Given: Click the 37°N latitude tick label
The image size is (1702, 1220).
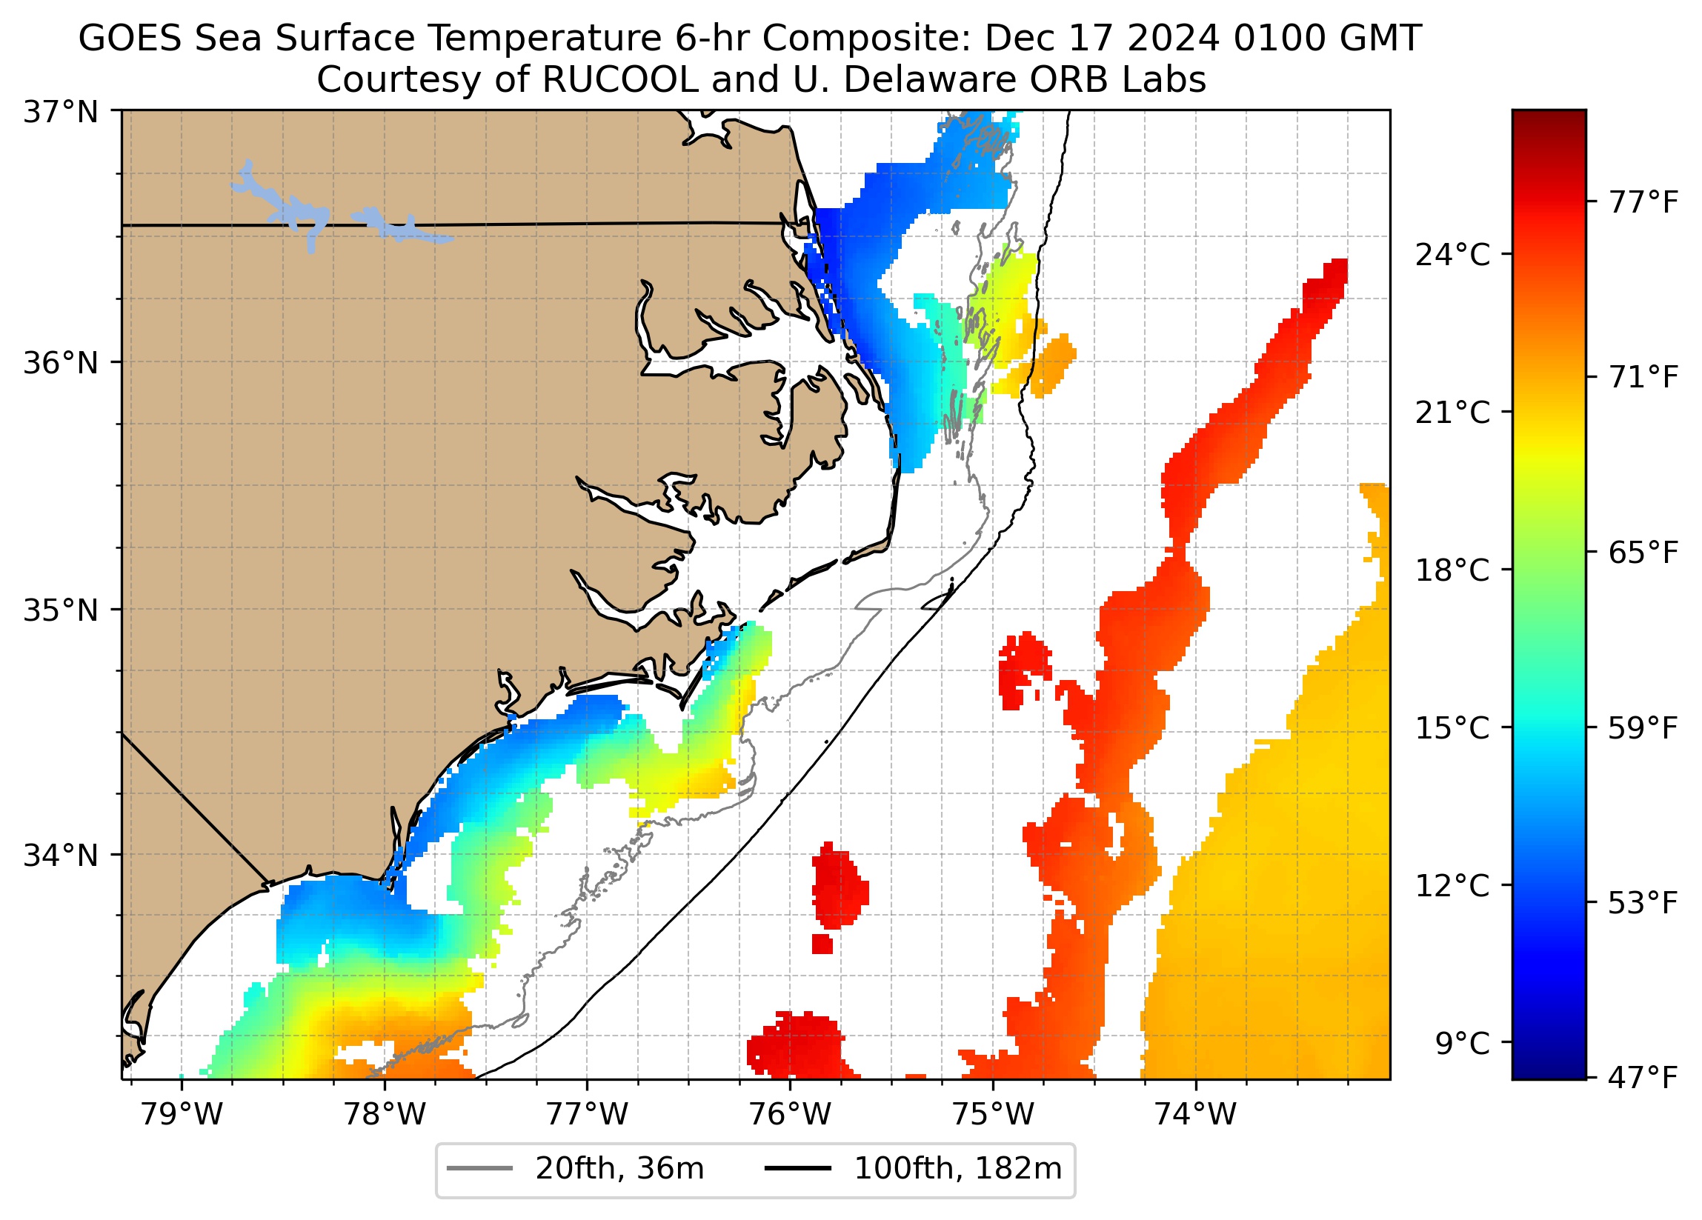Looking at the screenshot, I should tap(61, 113).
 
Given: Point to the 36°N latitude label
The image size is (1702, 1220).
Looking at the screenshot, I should tap(61, 363).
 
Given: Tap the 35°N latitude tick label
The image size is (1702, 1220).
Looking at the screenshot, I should tap(61, 611).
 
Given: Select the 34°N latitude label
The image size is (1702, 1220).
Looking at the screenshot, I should tap(61, 856).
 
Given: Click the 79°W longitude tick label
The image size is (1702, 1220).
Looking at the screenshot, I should tap(182, 1115).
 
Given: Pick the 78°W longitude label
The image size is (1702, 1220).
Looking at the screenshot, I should tap(385, 1115).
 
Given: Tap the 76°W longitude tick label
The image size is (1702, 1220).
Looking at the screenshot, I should tap(789, 1115).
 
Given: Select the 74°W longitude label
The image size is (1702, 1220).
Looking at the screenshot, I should tap(1194, 1115).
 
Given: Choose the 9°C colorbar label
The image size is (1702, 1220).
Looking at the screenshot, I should tap(1462, 1044).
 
